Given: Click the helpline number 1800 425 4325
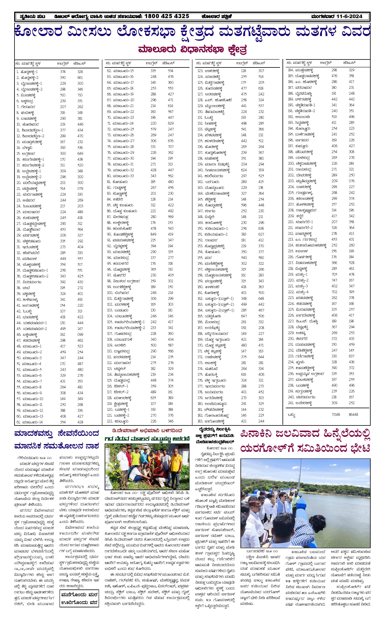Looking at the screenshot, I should tap(167, 16).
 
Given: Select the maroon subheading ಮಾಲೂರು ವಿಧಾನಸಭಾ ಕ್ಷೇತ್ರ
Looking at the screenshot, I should tap(192, 49).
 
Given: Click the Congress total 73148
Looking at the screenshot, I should tap(334, 414).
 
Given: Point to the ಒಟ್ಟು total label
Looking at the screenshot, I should tap(292, 415).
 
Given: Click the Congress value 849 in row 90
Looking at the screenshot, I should tap(153, 234).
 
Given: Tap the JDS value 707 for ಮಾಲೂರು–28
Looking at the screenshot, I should tap(171, 147).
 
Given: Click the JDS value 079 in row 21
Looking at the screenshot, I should tap(80, 188).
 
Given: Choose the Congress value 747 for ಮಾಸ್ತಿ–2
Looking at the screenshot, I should tap(334, 280).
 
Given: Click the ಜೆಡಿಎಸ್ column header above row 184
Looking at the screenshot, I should tap(349, 62).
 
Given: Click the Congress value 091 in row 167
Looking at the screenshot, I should tap(244, 328).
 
